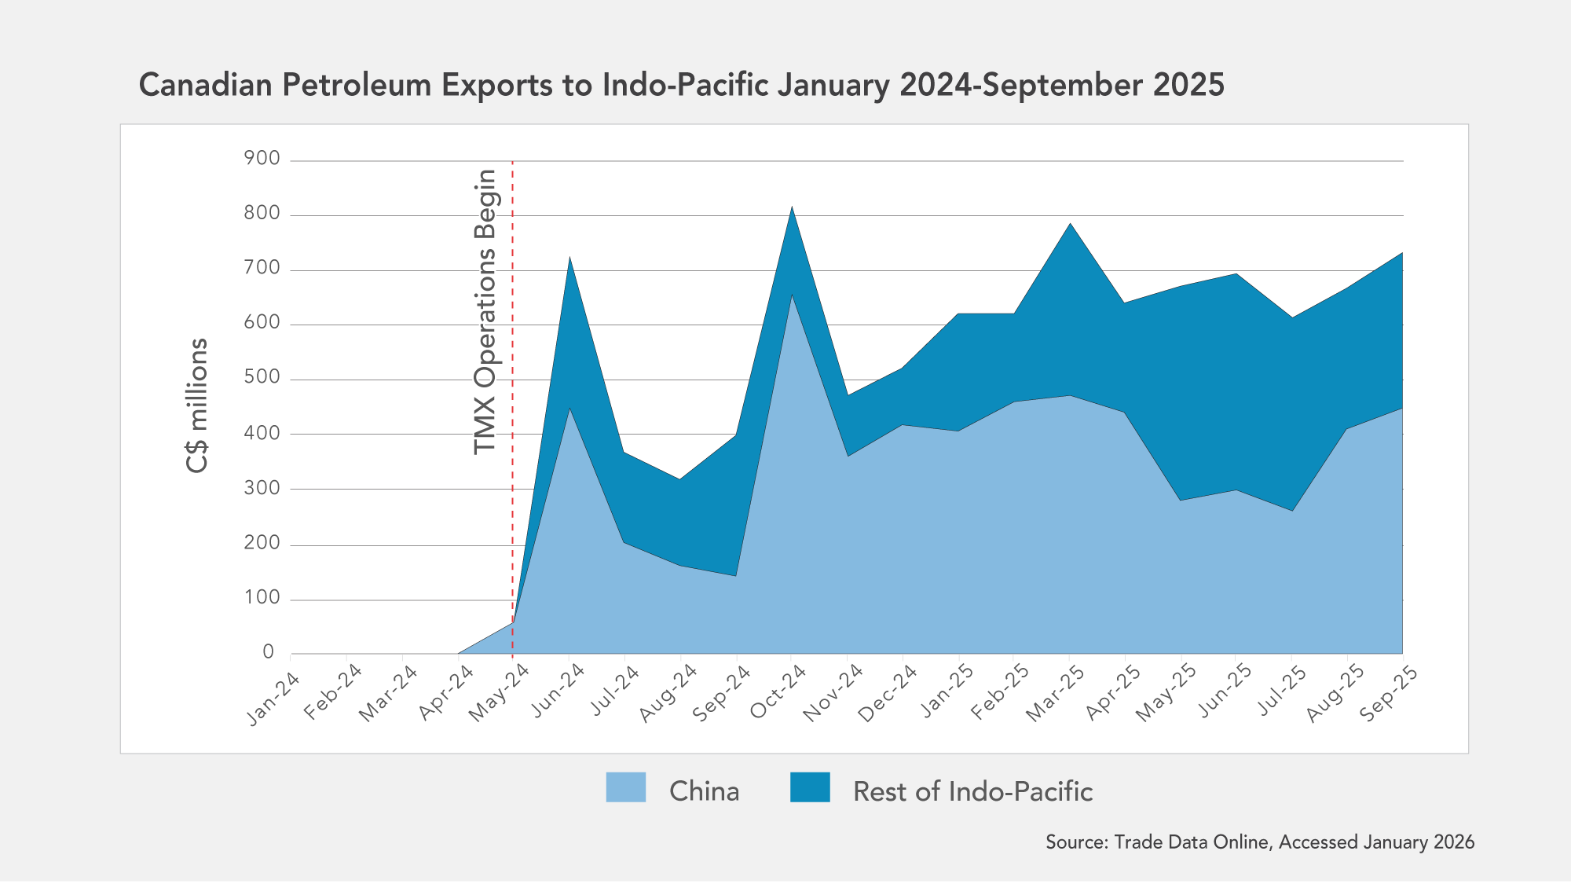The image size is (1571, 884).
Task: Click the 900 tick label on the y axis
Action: pos(262,159)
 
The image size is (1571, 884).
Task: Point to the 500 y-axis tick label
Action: pos(262,377)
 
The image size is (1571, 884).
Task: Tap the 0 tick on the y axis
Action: pos(269,652)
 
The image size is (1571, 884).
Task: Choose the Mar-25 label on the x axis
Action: pos(1055,694)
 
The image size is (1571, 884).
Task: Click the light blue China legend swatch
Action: pos(625,787)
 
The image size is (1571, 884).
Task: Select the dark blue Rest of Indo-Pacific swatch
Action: pos(810,787)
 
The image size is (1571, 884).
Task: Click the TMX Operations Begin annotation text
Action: pos(485,312)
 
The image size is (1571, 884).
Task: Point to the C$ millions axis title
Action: pos(197,405)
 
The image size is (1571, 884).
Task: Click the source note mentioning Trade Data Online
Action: pos(1259,842)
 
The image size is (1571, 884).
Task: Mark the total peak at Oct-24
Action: pos(792,207)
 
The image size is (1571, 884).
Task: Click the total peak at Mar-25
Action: pos(1070,223)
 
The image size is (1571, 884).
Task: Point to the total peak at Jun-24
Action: pos(569,257)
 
